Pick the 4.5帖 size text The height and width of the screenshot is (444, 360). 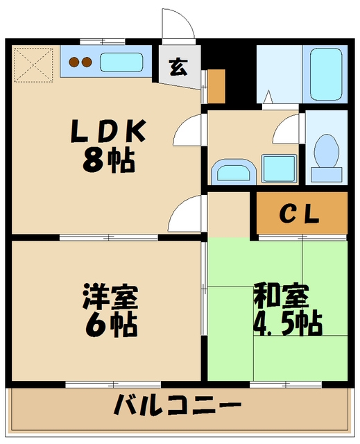[x=286, y=323]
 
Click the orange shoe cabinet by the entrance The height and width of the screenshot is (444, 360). [x=217, y=85]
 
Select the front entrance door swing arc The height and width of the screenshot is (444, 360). [x=178, y=26]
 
